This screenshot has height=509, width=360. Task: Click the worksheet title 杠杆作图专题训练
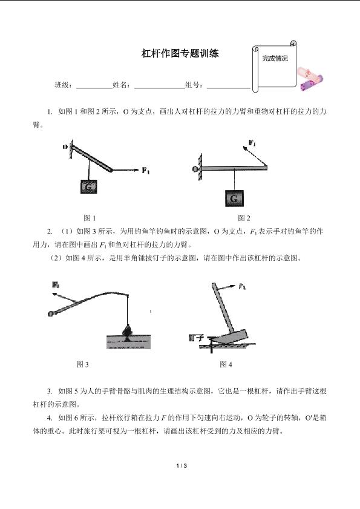(x=180, y=53)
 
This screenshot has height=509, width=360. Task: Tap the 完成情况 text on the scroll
(x=275, y=59)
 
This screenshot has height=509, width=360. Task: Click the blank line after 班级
(x=94, y=88)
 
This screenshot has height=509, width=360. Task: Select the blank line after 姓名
(x=159, y=88)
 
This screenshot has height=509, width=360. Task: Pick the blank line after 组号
(x=229, y=88)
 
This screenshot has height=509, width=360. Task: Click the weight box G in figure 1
(x=88, y=186)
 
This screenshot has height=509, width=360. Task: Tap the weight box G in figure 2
(x=234, y=199)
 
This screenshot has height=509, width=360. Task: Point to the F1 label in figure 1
(x=146, y=170)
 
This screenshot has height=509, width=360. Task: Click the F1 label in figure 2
(x=252, y=143)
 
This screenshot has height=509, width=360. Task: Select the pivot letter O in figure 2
(x=195, y=169)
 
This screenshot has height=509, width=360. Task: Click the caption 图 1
(x=90, y=218)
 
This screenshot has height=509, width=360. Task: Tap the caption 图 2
(x=244, y=218)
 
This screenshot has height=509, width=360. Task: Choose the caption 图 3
(x=82, y=364)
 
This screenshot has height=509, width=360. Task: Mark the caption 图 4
(x=226, y=364)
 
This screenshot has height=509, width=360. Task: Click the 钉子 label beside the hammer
(x=196, y=338)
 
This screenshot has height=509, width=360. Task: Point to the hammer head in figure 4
(x=232, y=337)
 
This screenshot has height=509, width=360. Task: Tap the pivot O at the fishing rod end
(x=51, y=314)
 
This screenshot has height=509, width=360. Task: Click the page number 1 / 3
(x=182, y=466)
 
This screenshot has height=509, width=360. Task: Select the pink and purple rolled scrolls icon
(x=310, y=79)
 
